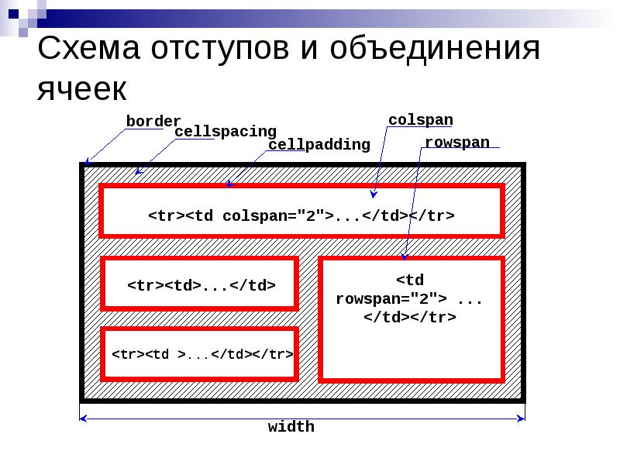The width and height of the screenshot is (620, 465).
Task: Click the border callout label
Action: click(x=153, y=122)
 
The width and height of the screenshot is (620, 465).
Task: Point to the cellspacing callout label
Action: click(x=226, y=132)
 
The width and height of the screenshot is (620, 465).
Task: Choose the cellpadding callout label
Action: click(x=319, y=145)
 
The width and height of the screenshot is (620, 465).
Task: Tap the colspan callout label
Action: click(x=420, y=120)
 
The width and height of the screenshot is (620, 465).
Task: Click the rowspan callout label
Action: click(x=457, y=143)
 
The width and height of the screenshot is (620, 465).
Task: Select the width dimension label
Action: click(x=291, y=427)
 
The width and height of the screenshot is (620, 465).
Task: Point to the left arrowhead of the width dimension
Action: click(x=84, y=418)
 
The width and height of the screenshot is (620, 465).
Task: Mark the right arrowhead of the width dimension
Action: click(x=522, y=418)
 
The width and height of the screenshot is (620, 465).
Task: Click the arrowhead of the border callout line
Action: click(x=87, y=163)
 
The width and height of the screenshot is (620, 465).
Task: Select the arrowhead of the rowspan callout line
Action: click(x=404, y=257)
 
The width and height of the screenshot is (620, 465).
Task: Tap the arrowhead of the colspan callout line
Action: click(x=373, y=195)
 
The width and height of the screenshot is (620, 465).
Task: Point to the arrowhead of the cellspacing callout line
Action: click(x=138, y=173)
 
